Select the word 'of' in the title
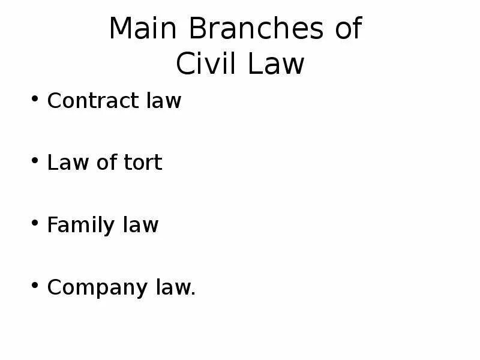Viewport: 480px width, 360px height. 348,29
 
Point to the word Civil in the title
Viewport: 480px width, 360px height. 206,64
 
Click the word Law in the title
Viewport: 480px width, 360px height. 277,64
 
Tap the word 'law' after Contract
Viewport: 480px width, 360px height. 163,101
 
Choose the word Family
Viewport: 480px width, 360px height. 80,225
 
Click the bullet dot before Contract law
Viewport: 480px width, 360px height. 35,100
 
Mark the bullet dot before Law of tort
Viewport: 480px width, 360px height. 35,161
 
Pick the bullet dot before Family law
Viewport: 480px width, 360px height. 35,224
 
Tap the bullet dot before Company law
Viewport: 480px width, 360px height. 35,286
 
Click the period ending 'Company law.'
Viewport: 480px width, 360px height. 194,294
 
